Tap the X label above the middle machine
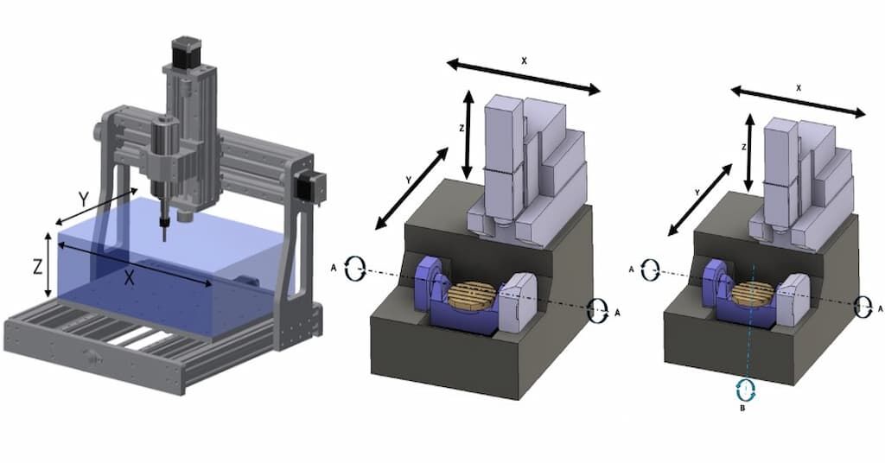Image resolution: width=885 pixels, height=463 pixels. [x=524, y=61]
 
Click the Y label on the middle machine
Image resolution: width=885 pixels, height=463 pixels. [x=408, y=180]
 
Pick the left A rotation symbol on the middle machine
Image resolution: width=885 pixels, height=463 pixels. [x=354, y=269]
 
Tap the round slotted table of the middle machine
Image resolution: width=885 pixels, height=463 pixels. [x=475, y=295]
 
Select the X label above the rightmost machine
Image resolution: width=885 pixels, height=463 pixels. [x=799, y=88]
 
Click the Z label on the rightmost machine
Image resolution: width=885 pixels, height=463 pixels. [x=743, y=148]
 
